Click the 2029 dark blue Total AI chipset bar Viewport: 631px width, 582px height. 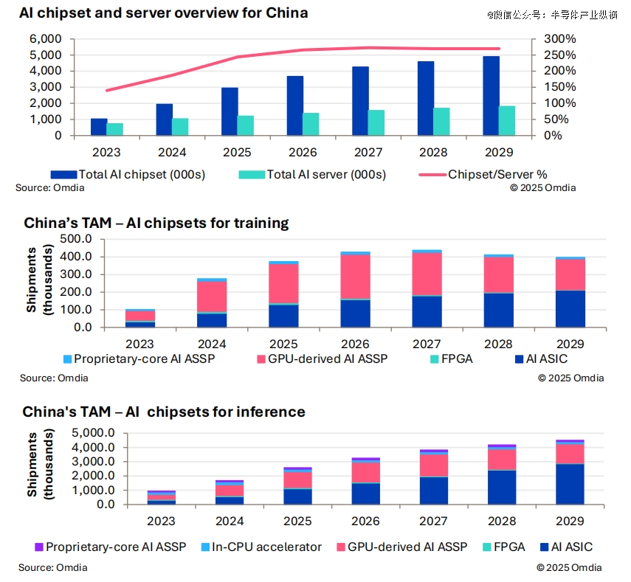(x=492, y=96)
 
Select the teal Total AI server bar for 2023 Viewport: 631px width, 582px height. (x=115, y=129)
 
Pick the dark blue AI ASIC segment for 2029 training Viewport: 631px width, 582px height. (x=570, y=309)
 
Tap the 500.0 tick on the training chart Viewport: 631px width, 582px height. (x=75, y=239)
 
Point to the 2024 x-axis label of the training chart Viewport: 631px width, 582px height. (x=211, y=344)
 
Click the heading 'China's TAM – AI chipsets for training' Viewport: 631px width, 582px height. (x=156, y=223)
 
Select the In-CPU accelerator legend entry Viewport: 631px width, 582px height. (x=266, y=547)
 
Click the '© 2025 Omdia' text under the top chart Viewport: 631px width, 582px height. (x=543, y=187)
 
